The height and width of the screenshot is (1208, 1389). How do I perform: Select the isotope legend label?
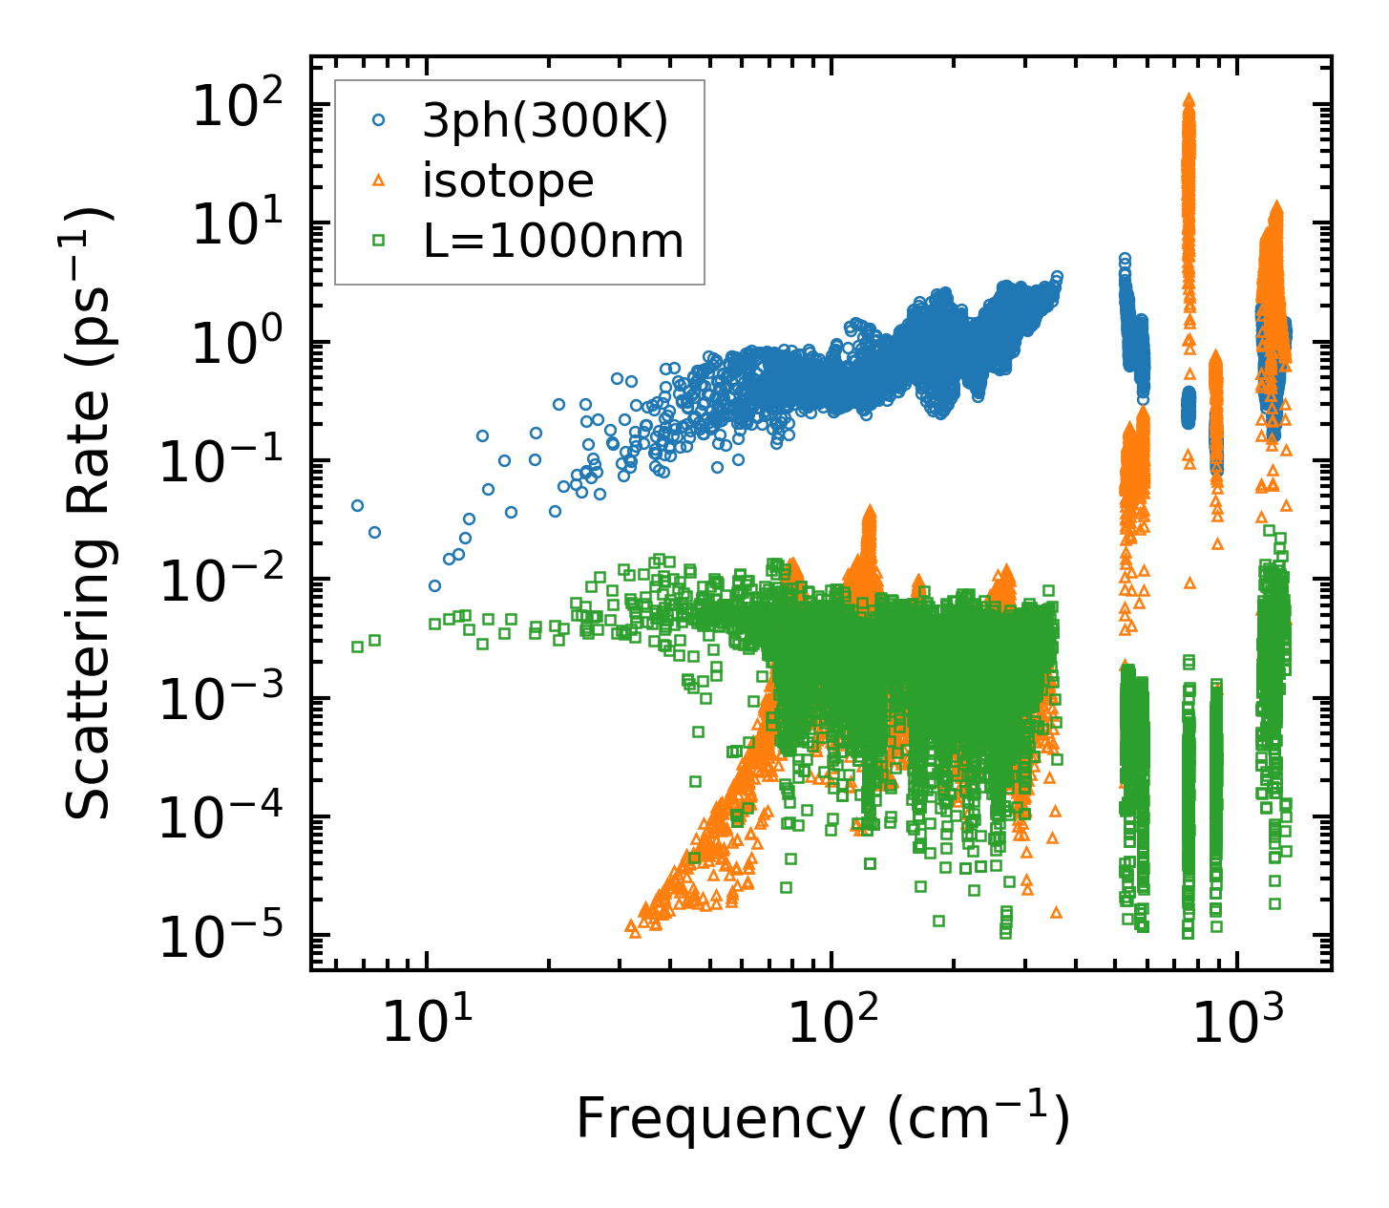508,180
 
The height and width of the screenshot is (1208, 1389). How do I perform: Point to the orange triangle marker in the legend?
379,180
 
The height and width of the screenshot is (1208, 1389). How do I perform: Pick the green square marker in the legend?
379,241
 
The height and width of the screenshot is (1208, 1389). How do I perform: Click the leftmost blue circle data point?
357,505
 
